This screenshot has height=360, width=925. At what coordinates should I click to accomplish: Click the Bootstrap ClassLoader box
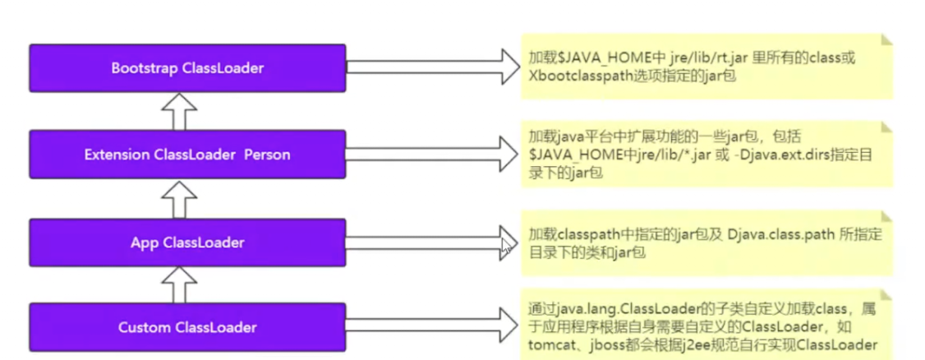pos(187,68)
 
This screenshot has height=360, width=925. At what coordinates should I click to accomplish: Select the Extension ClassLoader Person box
pos(187,154)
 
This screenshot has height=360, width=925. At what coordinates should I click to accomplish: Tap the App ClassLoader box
pos(187,242)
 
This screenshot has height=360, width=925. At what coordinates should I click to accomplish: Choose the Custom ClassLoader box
pos(187,327)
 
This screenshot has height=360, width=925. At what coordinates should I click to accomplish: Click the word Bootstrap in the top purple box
pos(140,68)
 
